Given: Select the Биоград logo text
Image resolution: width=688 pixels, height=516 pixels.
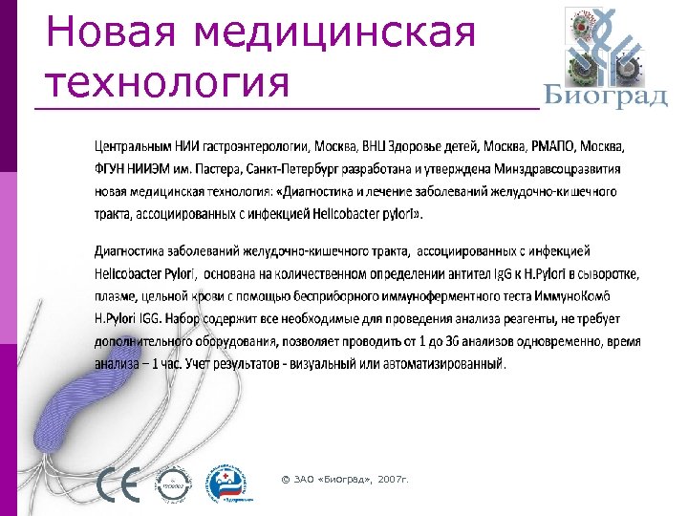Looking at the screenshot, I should pyautogui.click(x=606, y=97).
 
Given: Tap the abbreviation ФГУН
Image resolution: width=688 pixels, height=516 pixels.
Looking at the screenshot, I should pyautogui.click(x=112, y=169).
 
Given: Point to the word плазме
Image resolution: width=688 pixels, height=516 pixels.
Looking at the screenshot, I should pyautogui.click(x=117, y=297).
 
